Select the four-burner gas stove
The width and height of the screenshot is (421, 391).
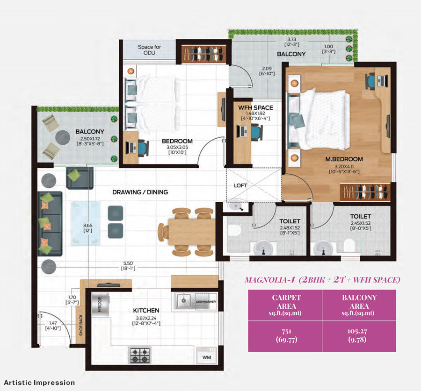[x=140, y=355]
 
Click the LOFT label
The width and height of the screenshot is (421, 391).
[x=240, y=185]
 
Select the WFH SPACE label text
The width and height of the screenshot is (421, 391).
[x=256, y=108]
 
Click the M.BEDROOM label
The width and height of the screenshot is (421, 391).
[x=344, y=159]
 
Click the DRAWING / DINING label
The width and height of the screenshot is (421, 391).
[x=140, y=192]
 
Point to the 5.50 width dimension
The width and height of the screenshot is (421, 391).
[x=127, y=263]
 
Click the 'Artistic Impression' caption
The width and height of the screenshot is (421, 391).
[x=38, y=383]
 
